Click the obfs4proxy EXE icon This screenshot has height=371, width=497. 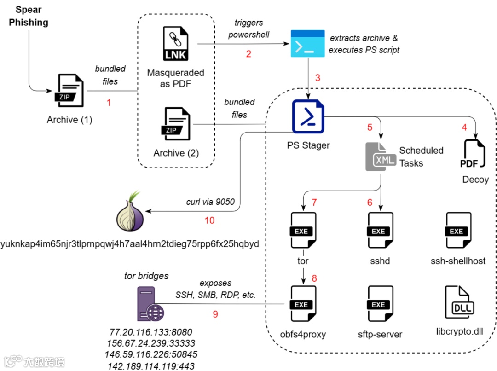coord(302,304)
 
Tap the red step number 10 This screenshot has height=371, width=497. coord(210,220)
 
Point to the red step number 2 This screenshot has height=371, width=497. coord(248,54)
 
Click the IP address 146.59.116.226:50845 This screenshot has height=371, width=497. coord(152,354)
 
